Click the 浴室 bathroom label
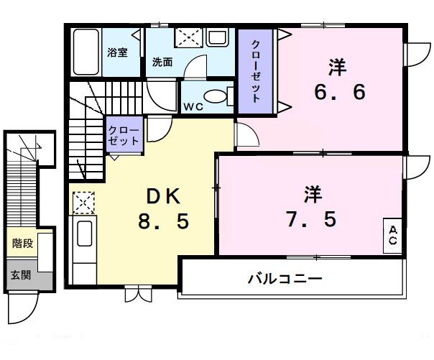pos(118,52)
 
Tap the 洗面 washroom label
pos(162,62)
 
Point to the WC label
pos(192,106)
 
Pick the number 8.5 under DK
pos(164,221)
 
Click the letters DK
pos(164,195)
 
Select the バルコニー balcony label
pos(285,277)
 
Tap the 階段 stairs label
pos(22,244)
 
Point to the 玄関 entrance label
pos(21,274)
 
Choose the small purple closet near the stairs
pos(124,134)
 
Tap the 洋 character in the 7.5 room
pos(312,193)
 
